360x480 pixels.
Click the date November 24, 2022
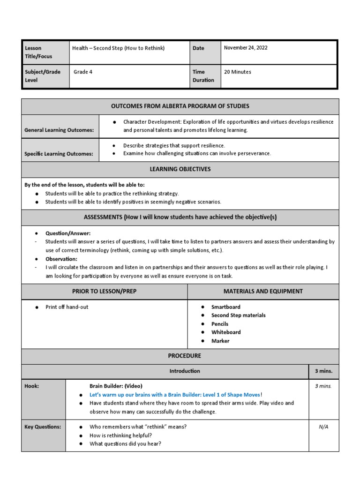[246, 48]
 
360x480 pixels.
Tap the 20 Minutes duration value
[238, 72]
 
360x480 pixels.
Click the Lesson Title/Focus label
[38, 52]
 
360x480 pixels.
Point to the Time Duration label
[203, 76]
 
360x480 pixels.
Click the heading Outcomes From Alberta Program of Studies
[180, 106]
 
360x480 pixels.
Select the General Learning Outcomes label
[60, 130]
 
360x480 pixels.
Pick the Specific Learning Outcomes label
[59, 154]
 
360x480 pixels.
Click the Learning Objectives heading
[180, 169]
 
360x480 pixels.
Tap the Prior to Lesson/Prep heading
[104, 291]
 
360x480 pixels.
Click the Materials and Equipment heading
[263, 291]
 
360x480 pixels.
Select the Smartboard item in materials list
[225, 307]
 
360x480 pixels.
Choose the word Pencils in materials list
[220, 324]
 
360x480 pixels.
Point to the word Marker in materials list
[220, 341]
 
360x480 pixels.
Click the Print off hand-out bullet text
[67, 307]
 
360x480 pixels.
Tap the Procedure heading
[180, 356]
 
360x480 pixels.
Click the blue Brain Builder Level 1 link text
[176, 395]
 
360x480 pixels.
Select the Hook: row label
[32, 386]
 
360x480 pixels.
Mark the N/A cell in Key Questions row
[323, 427]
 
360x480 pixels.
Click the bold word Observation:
[61, 259]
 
